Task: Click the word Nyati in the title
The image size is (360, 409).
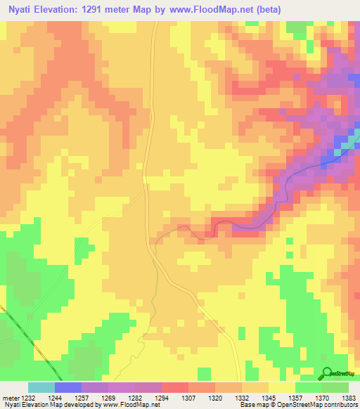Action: (x=22, y=10)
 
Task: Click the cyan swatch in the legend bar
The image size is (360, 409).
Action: (x=41, y=387)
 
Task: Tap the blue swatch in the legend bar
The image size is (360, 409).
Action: (x=67, y=387)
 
